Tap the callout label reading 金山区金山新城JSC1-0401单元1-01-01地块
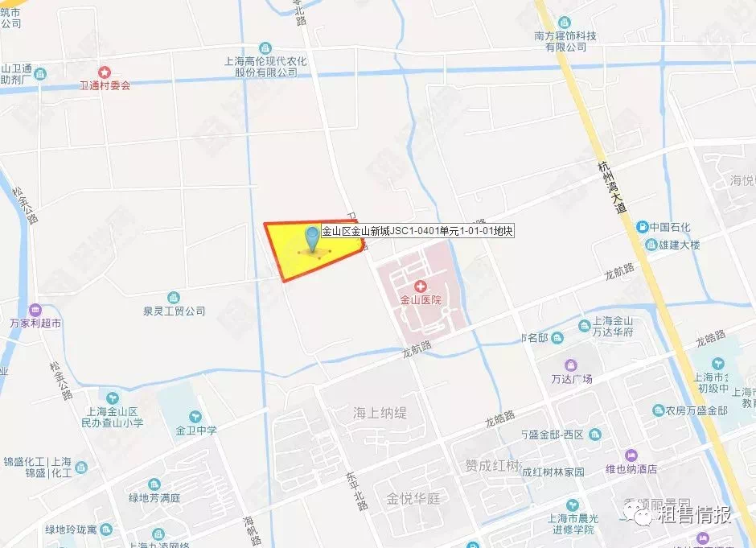coord(417,231)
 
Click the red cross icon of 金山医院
coord(421,286)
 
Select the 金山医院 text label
coord(421,300)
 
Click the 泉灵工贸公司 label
coord(174,311)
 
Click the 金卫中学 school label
coord(197,430)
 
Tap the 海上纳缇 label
coord(380,413)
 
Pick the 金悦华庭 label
coord(413,498)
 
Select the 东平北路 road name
coord(357,491)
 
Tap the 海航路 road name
coord(252,528)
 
